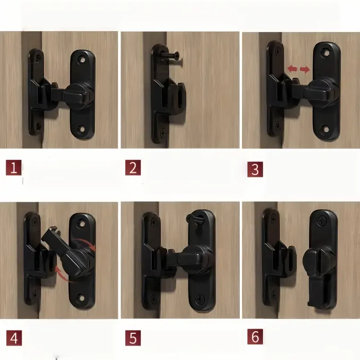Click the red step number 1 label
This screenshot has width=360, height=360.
tap(13, 168)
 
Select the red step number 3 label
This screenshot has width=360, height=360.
tap(255, 169)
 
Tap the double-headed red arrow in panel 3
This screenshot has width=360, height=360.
tap(299, 69)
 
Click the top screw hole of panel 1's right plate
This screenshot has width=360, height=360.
tap(82, 58)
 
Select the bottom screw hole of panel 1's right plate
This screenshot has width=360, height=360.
tap(82, 130)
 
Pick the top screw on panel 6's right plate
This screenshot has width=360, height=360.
tap(323, 221)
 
